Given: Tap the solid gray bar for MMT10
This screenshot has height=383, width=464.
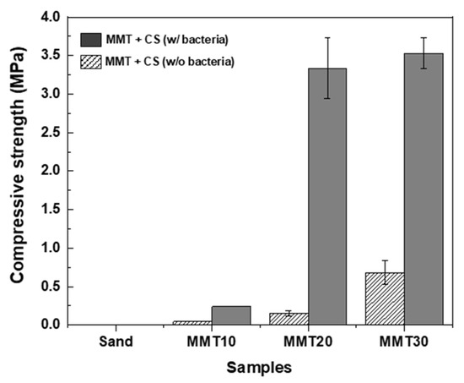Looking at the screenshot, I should (230, 315).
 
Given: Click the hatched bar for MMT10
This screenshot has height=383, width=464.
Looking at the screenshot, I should (192, 322).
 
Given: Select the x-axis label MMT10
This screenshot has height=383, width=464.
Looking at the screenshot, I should (211, 342).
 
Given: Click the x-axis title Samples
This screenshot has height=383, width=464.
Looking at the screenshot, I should (259, 368).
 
